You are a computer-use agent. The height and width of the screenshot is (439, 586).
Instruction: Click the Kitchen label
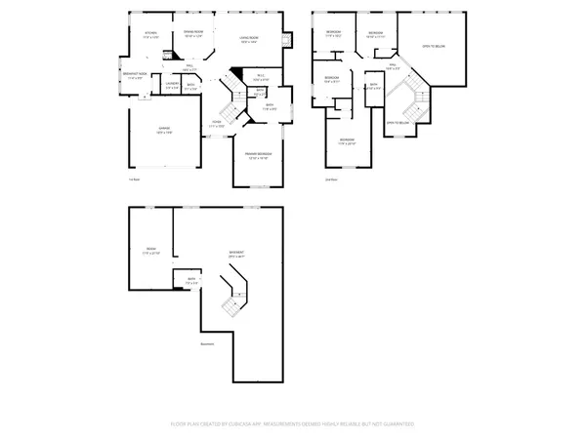point(150,34)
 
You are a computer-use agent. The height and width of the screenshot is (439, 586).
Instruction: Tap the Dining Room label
point(193,33)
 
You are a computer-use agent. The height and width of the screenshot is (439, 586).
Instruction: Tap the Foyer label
point(217,124)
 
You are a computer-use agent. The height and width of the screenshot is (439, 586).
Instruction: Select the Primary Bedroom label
point(258,156)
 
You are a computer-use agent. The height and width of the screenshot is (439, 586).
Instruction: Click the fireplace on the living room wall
point(285,41)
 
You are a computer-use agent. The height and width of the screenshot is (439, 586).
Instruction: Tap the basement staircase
point(232,299)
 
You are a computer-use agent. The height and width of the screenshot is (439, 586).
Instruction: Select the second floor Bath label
point(373,87)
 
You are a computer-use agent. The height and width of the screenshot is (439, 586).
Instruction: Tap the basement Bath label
point(192,281)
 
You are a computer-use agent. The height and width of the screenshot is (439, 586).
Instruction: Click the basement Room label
point(150,251)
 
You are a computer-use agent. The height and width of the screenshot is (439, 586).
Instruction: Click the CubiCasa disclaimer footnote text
point(292,424)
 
